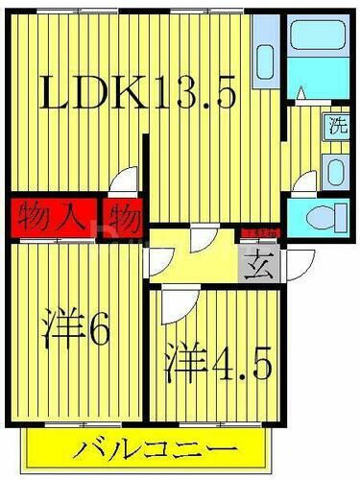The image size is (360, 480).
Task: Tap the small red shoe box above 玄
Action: tap(259, 231)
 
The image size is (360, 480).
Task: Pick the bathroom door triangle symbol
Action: tap(300, 93)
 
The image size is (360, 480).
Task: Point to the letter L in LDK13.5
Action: tap(56, 92)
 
